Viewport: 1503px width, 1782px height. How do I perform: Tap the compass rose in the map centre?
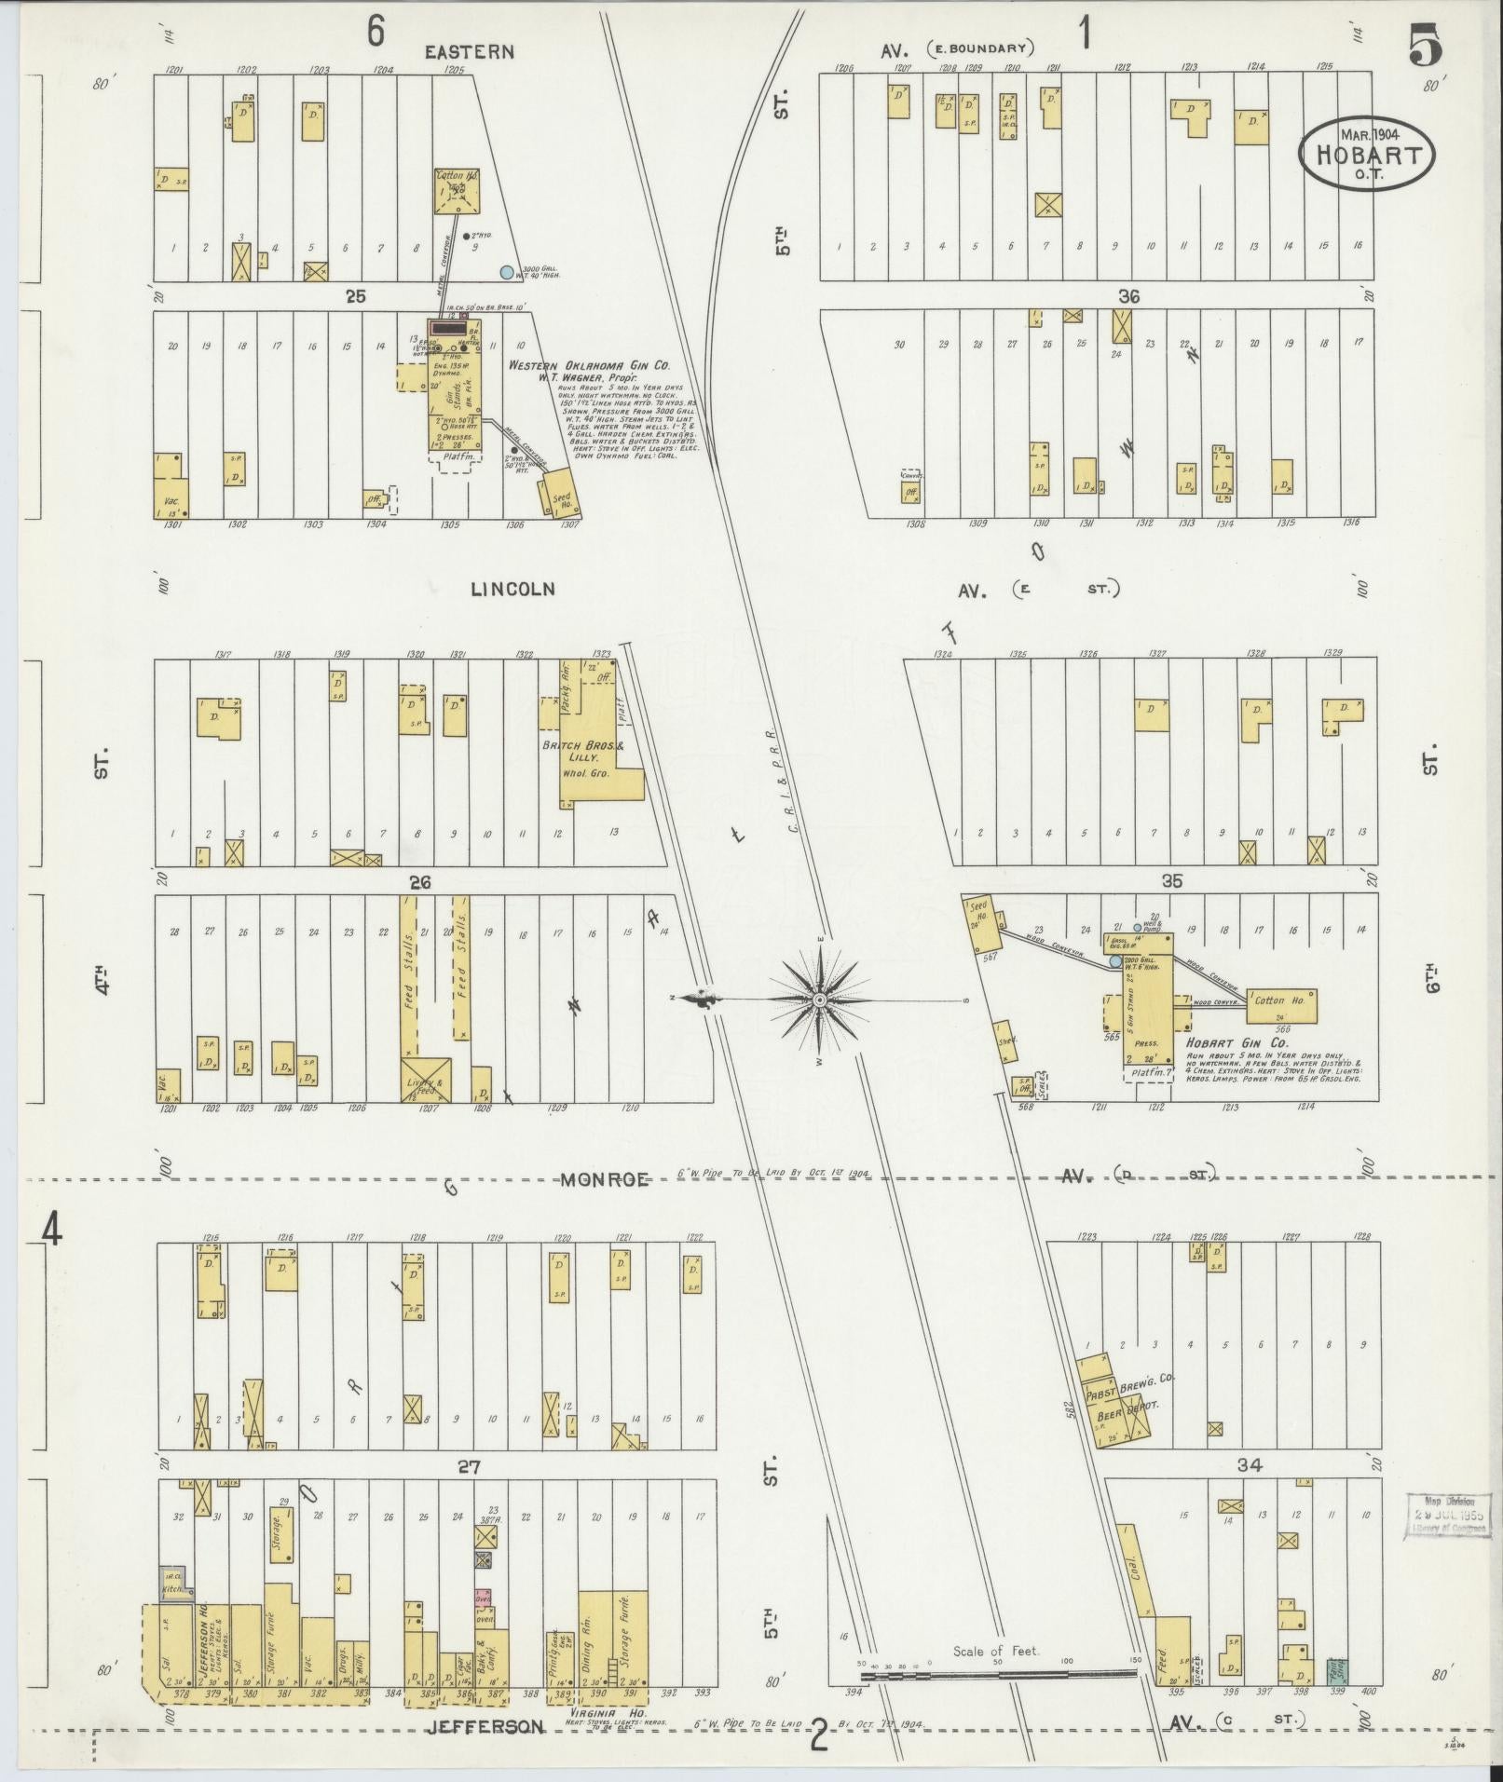819,1000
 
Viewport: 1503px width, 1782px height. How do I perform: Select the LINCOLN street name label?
512,589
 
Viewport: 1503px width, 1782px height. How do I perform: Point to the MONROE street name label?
605,1179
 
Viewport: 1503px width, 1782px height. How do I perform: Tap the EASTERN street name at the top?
469,52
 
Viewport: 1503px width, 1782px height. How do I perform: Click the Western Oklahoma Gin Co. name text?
588,365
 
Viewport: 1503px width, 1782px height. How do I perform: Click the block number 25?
355,296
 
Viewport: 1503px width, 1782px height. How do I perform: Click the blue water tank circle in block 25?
506,273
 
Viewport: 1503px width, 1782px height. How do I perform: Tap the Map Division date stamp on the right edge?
1447,1515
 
